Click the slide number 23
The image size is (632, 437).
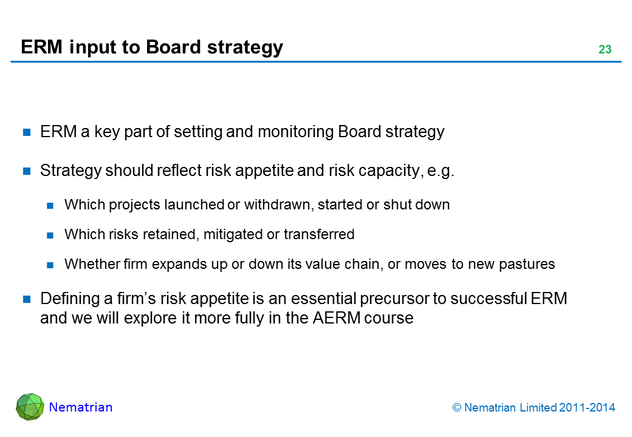[x=605, y=49]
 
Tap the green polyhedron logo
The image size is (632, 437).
[x=30, y=407]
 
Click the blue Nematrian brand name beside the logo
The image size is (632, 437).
[x=81, y=407]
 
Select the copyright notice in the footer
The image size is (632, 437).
[x=534, y=408]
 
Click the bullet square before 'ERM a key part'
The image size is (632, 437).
[x=27, y=132]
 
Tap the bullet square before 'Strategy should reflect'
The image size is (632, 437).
[x=27, y=171]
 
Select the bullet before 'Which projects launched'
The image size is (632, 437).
[x=50, y=206]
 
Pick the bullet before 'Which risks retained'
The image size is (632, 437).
[x=50, y=235]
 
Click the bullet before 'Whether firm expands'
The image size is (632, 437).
[x=50, y=265]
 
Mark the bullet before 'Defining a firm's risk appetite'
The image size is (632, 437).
[x=27, y=299]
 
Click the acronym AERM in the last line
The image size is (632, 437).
[x=337, y=318]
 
